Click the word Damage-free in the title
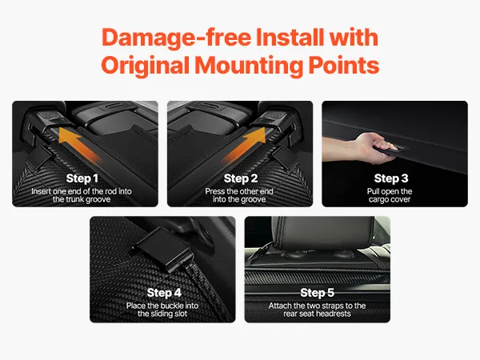[176, 38]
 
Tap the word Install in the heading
[290, 37]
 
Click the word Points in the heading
[343, 66]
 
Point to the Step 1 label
[82, 178]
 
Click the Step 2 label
[241, 178]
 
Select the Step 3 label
[391, 178]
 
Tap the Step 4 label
[164, 293]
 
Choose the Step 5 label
[317, 293]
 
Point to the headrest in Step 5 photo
[324, 233]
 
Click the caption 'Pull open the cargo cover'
[390, 195]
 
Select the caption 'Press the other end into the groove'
[239, 195]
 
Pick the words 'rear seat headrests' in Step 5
[317, 314]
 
